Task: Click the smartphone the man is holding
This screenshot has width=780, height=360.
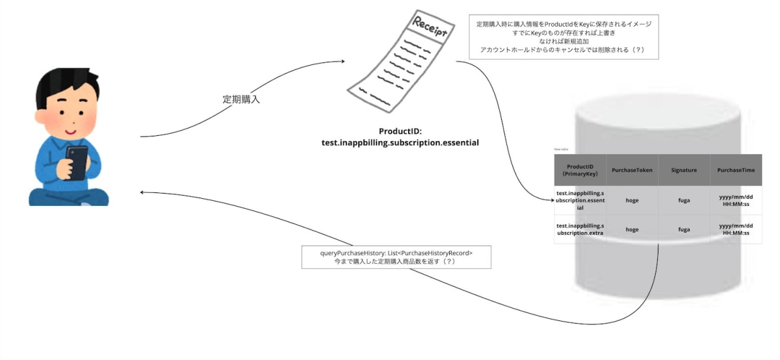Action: pos(77,162)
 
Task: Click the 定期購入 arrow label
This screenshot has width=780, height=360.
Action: pos(241,99)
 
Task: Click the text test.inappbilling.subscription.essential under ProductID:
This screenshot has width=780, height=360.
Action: pos(400,142)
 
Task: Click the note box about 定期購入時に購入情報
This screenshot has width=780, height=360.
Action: pos(563,37)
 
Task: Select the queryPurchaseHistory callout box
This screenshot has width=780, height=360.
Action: pos(396,257)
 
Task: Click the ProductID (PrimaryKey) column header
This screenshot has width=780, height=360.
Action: pos(580,170)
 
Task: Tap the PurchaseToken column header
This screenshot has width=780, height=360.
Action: pos(632,170)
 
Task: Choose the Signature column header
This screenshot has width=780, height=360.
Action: pos(684,170)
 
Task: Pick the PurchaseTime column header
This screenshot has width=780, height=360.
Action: pos(736,170)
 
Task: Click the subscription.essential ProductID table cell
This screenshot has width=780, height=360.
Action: pos(580,200)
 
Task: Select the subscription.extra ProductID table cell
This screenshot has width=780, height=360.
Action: pos(580,229)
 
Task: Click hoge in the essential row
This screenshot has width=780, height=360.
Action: pos(632,200)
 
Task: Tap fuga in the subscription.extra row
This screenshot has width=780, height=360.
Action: pos(684,229)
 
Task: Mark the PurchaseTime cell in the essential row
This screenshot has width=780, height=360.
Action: pos(736,200)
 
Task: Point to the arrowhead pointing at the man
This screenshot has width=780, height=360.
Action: pos(144,192)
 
